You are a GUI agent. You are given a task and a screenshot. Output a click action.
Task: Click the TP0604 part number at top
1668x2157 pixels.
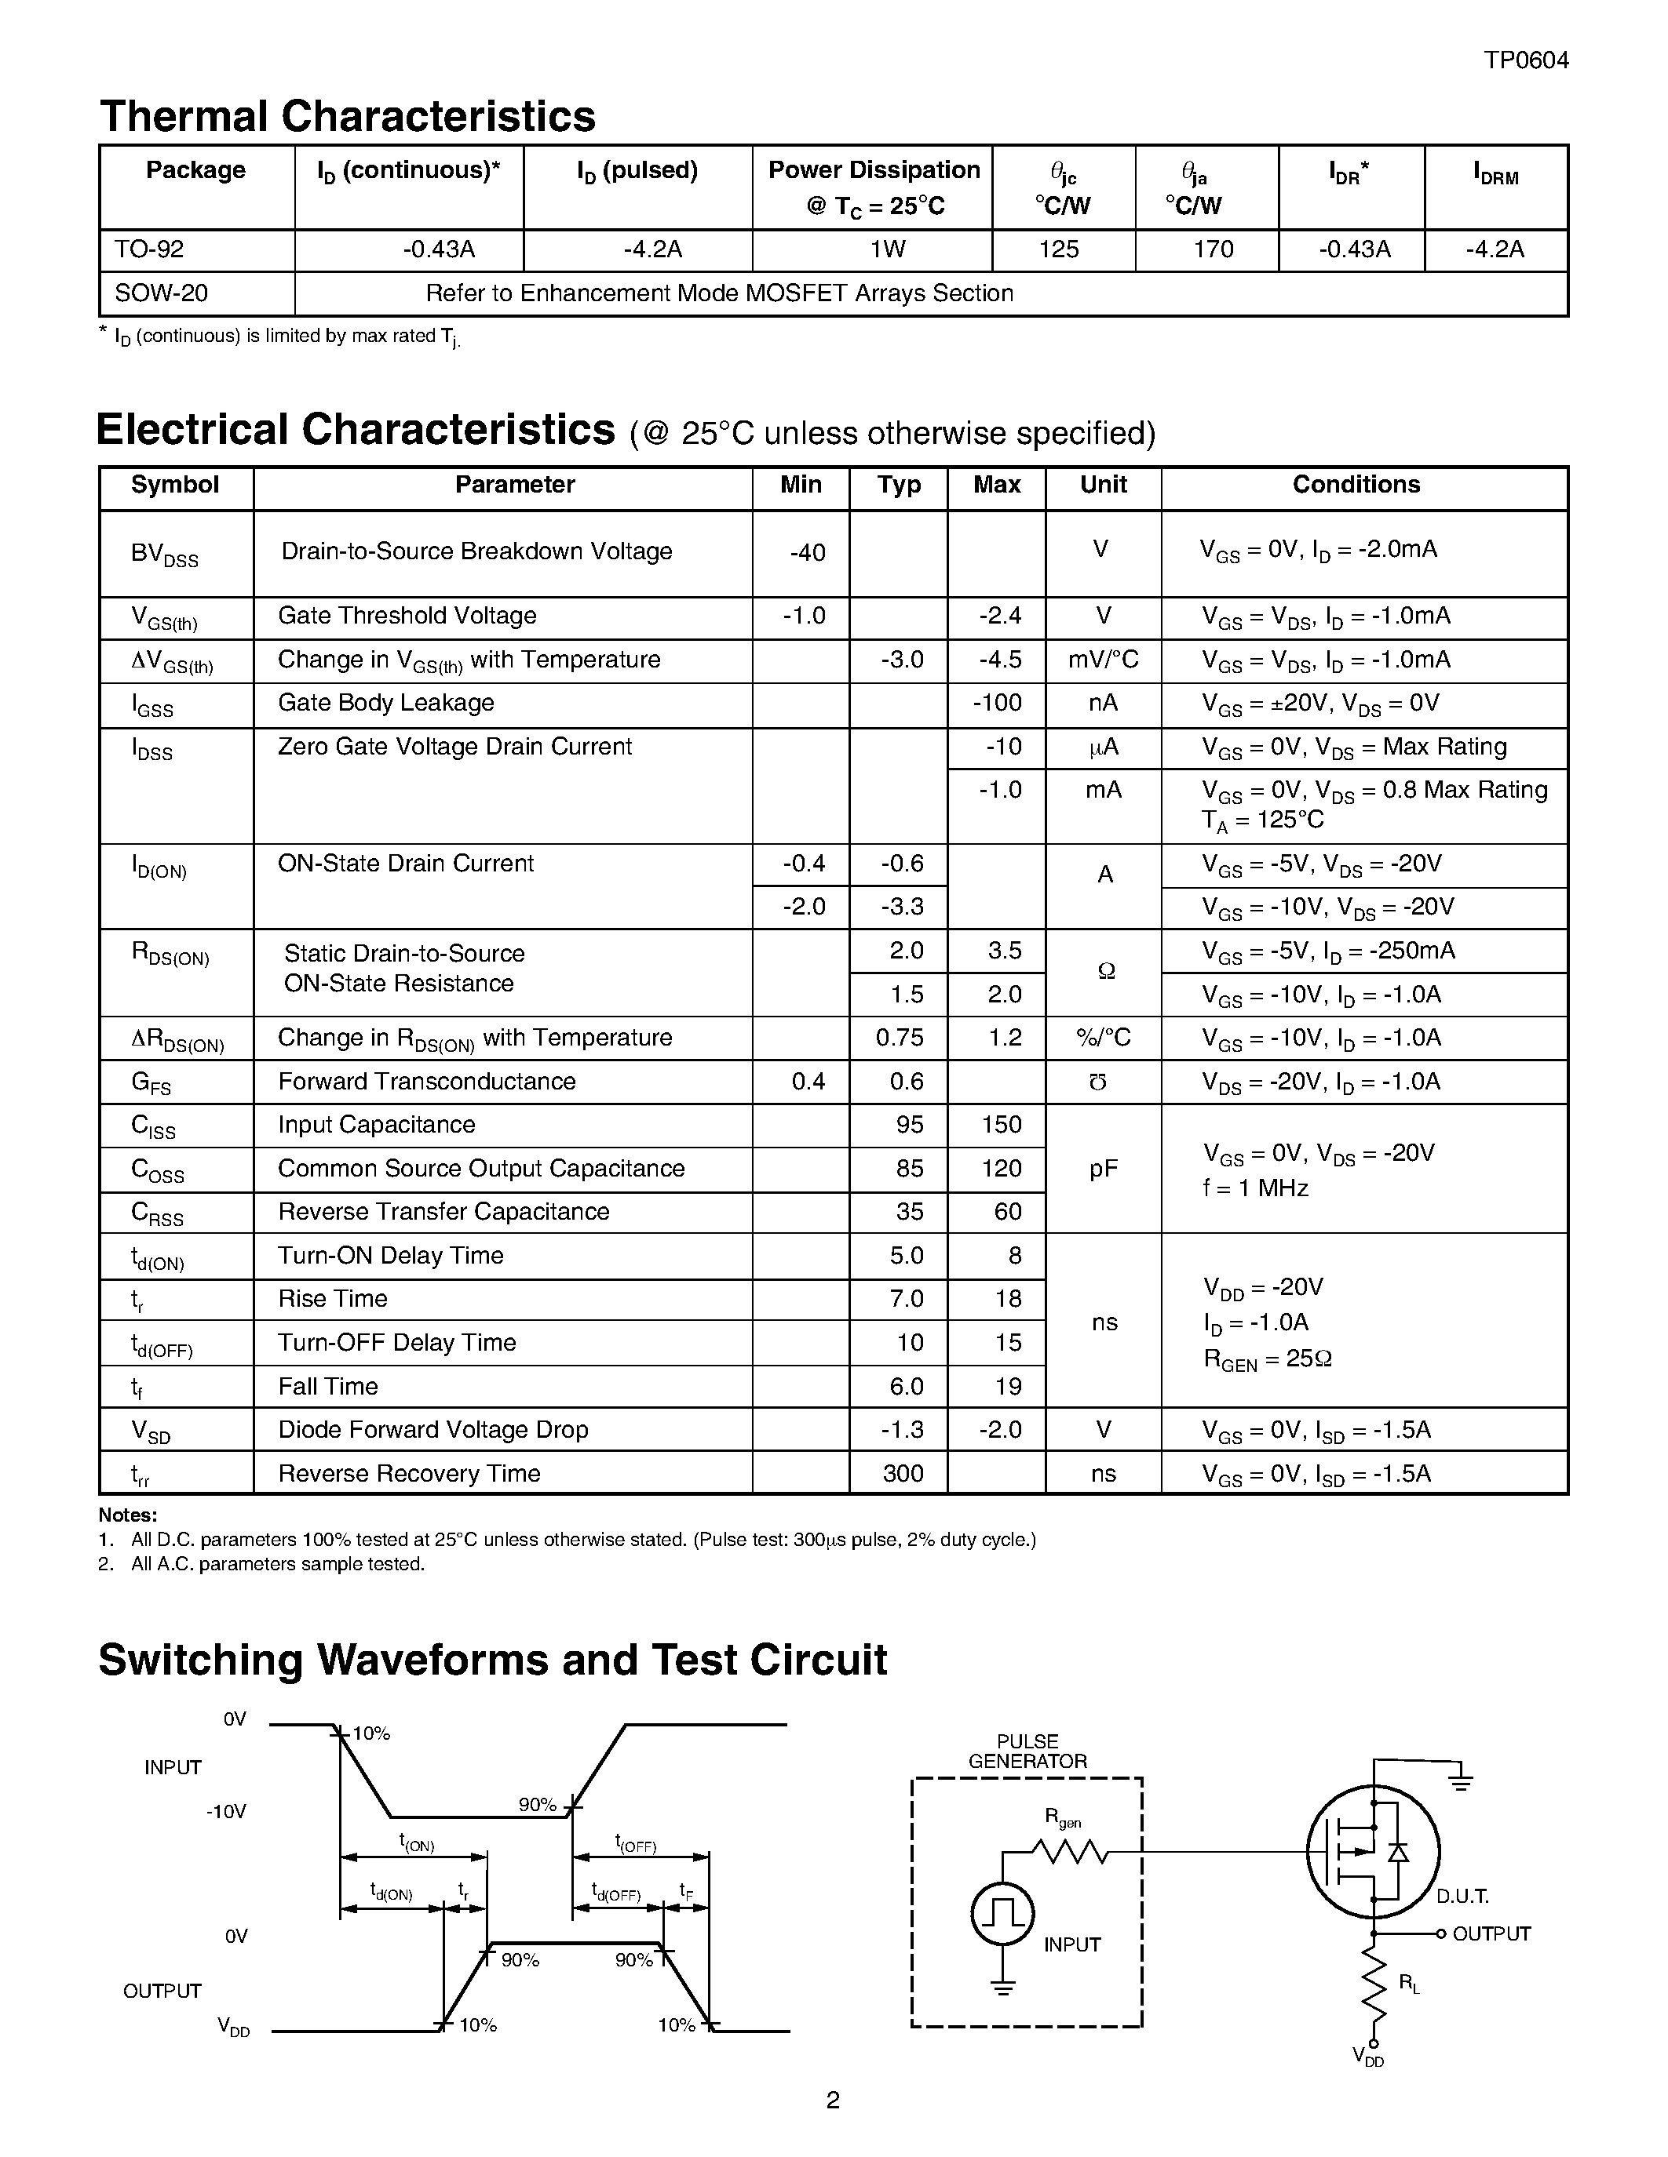1526,60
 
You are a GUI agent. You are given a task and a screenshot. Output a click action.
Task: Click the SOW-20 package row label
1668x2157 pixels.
161,293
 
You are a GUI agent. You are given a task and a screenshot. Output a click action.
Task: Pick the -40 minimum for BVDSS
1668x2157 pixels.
808,553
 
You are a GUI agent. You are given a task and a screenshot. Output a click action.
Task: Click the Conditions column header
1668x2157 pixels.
1356,485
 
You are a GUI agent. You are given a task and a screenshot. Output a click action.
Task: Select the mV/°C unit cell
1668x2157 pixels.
1103,660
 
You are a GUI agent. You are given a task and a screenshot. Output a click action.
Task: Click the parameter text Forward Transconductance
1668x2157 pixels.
426,1082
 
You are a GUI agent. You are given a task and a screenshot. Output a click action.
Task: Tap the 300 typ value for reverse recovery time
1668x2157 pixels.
902,1474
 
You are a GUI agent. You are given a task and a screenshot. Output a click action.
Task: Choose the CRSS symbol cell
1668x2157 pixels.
157,1214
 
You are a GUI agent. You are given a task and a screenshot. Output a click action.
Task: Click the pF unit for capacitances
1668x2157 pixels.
1103,1169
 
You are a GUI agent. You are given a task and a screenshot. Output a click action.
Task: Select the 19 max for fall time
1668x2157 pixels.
1007,1387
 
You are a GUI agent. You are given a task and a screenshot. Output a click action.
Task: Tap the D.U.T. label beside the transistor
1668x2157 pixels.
1462,1895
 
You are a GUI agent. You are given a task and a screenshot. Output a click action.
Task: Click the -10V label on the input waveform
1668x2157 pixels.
226,1811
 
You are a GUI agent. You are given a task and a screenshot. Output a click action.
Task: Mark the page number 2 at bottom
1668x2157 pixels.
832,2100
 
